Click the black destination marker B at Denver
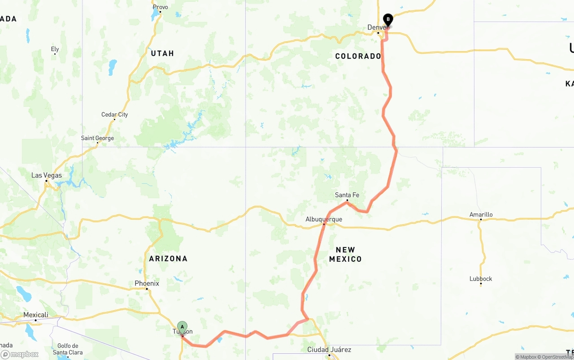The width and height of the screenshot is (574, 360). click(388, 20)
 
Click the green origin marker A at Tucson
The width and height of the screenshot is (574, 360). click(182, 327)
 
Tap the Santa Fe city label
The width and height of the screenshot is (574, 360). click(347, 195)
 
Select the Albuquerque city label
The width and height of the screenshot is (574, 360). click(323, 219)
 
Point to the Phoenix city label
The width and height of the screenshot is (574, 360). click(147, 283)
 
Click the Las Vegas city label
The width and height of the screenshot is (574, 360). click(47, 175)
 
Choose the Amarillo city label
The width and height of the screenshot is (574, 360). click(481, 215)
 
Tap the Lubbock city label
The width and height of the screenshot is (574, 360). click(481, 279)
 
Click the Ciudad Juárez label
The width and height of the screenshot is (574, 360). click(329, 350)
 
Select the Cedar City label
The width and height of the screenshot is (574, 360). click(114, 115)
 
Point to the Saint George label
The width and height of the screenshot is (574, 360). click(97, 138)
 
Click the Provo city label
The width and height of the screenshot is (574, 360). click(160, 7)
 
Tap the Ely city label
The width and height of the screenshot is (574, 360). click(55, 49)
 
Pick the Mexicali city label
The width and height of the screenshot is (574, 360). click(35, 315)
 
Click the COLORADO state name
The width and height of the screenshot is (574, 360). click(358, 56)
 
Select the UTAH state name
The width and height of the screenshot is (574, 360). click(162, 53)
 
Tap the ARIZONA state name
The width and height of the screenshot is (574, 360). click(168, 259)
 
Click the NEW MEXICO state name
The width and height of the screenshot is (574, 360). click(345, 254)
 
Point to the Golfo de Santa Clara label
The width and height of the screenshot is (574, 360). click(68, 349)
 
